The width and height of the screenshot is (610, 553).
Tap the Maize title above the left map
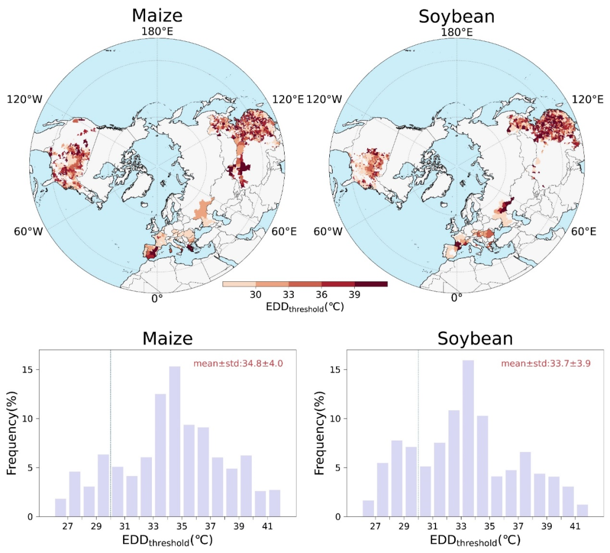tap(157, 16)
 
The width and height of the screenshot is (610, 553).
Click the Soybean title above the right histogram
tap(475, 338)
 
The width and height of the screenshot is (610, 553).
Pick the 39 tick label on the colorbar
tap(354, 295)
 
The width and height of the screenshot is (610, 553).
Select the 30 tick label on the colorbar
tap(255, 295)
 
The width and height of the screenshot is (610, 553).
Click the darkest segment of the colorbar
tap(371, 284)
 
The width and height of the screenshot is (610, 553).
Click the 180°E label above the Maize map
tap(157, 32)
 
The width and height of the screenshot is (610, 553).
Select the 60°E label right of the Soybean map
tap(583, 231)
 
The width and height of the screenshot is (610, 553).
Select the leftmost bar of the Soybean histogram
tap(368, 500)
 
